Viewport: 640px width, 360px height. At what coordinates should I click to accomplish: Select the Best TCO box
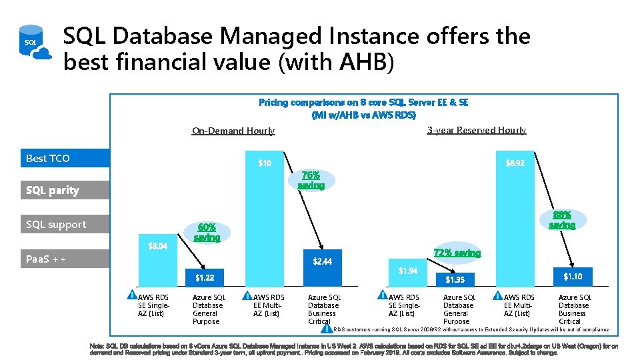pyautogui.click(x=65, y=158)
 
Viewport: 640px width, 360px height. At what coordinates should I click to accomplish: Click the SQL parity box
pyautogui.click(x=65, y=191)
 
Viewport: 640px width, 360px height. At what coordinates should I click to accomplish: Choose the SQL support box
pyautogui.click(x=65, y=225)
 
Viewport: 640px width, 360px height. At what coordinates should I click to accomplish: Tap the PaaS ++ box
pyautogui.click(x=65, y=259)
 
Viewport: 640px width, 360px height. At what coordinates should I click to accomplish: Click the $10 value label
pyautogui.click(x=265, y=163)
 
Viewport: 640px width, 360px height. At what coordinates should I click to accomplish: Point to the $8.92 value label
pyautogui.click(x=515, y=163)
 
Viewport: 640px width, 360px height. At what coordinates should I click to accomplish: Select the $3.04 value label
pyautogui.click(x=157, y=246)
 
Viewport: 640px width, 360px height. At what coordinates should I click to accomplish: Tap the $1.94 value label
pyautogui.click(x=408, y=271)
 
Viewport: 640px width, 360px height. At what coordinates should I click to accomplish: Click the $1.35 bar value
pyautogui.click(x=455, y=279)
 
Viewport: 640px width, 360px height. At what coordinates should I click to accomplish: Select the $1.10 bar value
pyautogui.click(x=573, y=277)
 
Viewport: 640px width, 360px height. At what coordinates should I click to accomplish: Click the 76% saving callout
pyautogui.click(x=311, y=181)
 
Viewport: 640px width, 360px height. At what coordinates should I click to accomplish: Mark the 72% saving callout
pyautogui.click(x=457, y=253)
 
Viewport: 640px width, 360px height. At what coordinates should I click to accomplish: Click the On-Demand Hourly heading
pyautogui.click(x=233, y=131)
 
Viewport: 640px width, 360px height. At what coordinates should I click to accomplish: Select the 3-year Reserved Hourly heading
pyautogui.click(x=476, y=130)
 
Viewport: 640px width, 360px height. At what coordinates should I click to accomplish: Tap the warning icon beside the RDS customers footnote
pyautogui.click(x=326, y=329)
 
